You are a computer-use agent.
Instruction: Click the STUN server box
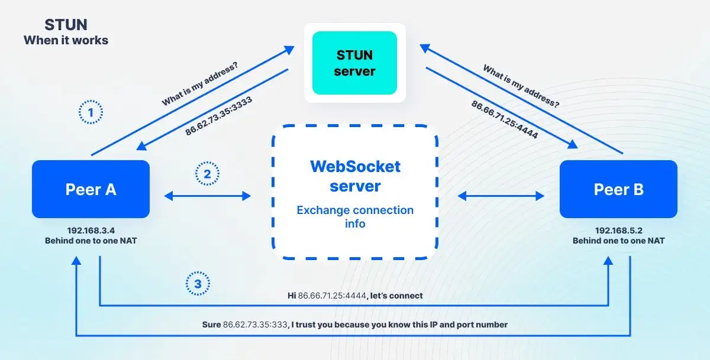(354, 63)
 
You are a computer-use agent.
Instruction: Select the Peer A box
(91, 189)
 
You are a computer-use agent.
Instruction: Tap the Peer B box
(618, 189)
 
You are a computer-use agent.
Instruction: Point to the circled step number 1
(91, 112)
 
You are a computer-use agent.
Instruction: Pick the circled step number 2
(207, 174)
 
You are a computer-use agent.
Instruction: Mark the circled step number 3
(198, 284)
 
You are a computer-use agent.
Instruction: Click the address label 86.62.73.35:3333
(218, 116)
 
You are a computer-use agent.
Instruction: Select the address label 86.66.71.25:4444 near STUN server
(504, 120)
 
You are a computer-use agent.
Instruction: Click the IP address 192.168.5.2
(618, 231)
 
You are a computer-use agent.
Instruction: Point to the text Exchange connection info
(355, 217)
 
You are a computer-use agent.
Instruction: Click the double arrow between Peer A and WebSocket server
(207, 196)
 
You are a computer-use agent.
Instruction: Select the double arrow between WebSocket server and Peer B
(501, 196)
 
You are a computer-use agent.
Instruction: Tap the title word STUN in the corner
(66, 25)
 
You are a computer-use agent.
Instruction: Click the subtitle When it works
(66, 41)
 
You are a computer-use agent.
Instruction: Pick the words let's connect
(396, 295)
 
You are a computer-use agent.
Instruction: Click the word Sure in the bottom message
(211, 325)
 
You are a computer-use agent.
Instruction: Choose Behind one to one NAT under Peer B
(618, 241)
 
